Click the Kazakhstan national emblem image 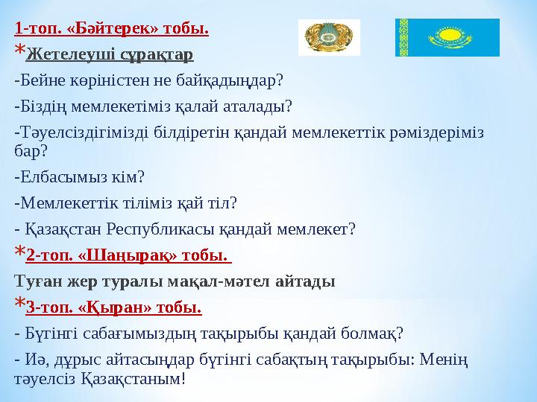tap(329, 37)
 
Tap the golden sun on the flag tap(450, 35)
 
